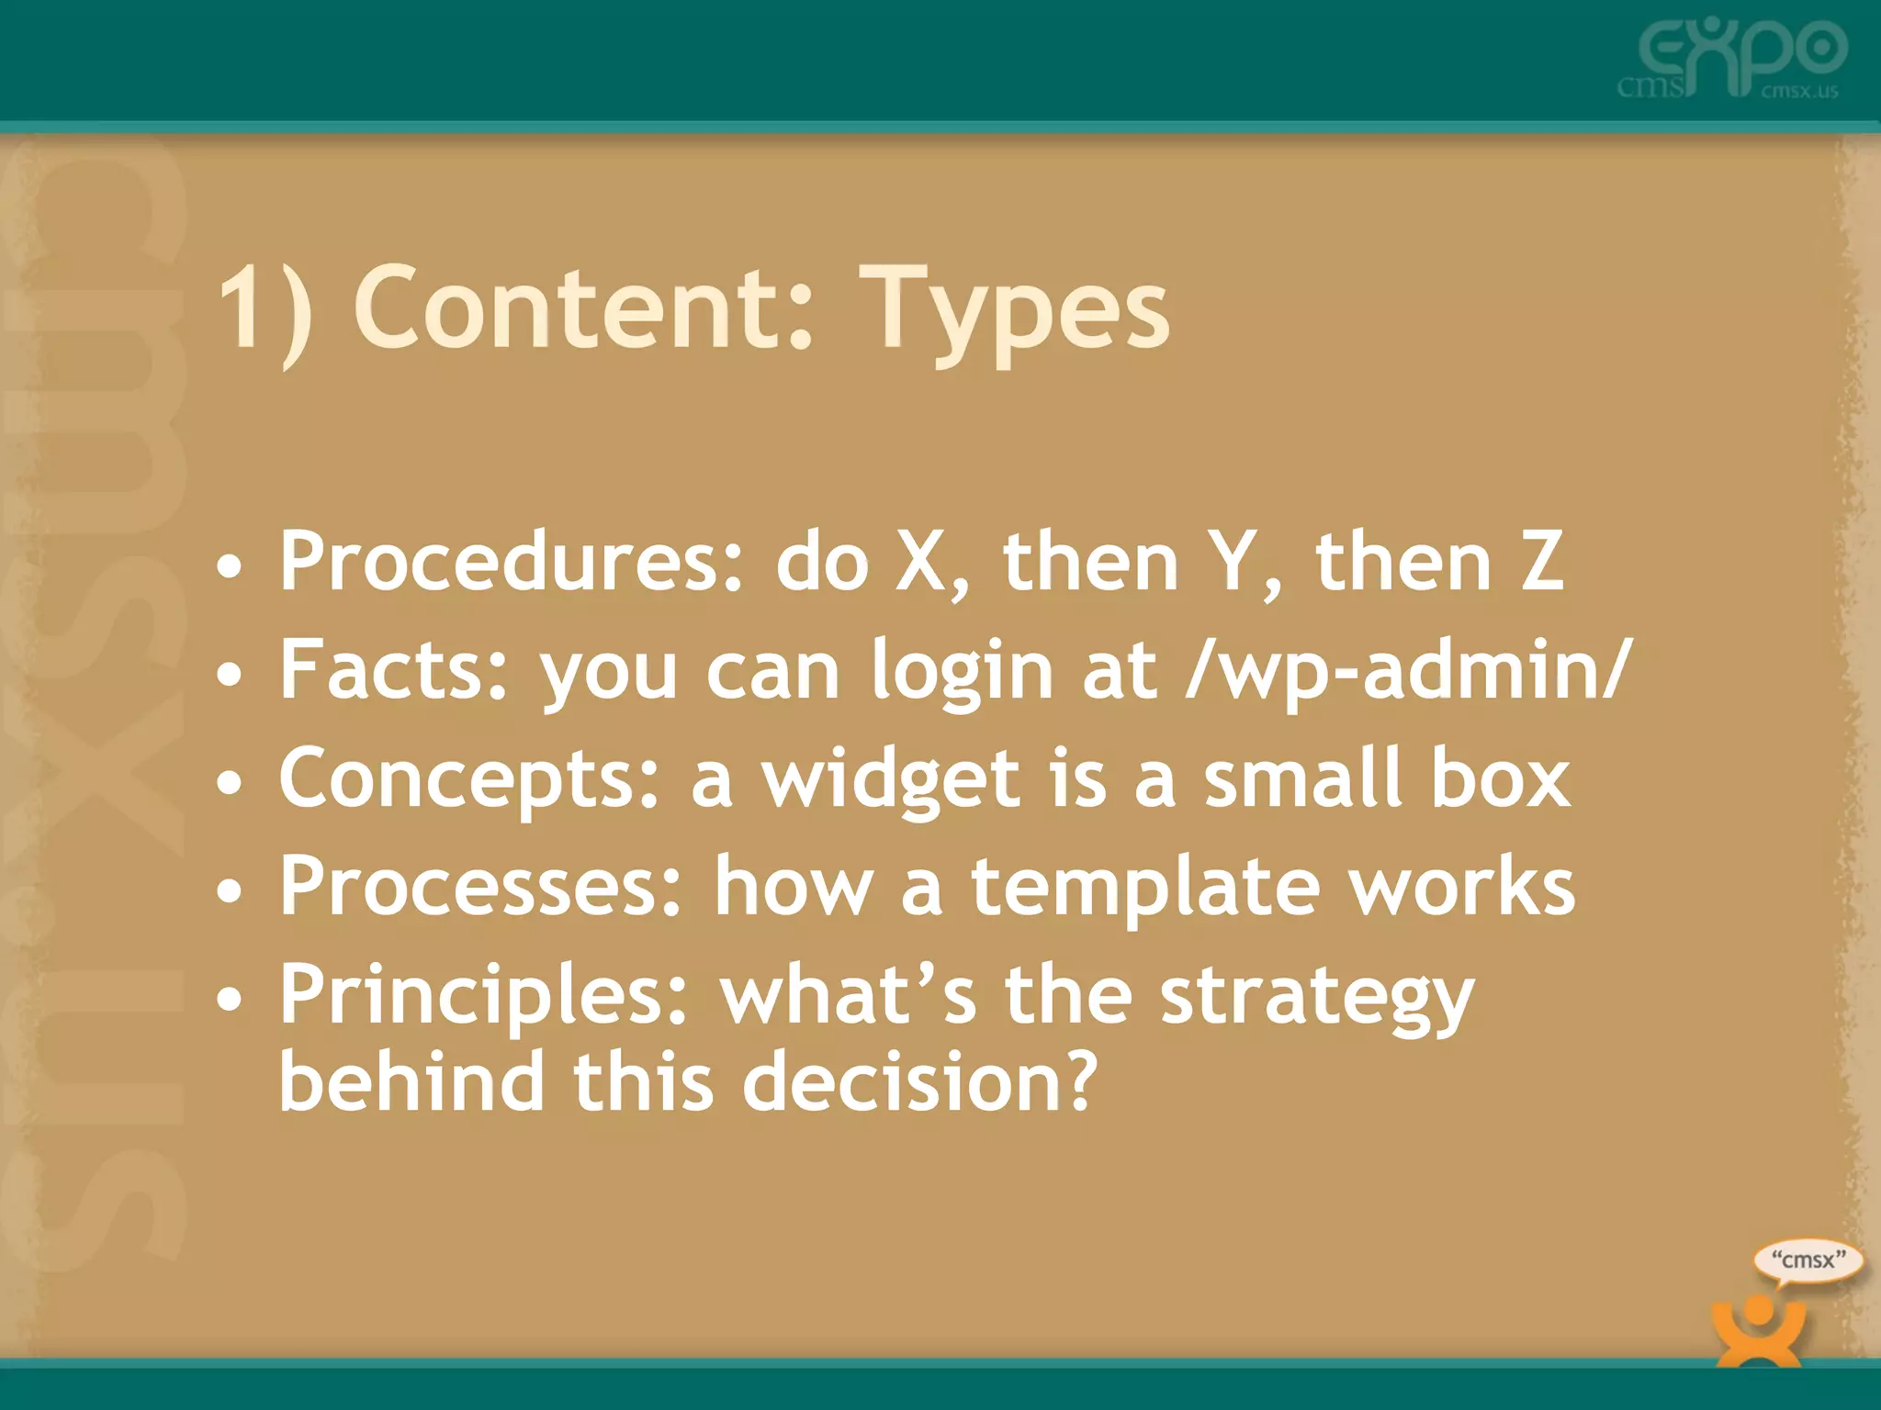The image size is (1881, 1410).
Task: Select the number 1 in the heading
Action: pos(246,308)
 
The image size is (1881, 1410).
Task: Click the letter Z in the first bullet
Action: pos(1542,562)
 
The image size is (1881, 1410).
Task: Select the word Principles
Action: pos(483,995)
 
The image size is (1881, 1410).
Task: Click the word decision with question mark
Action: pos(919,1081)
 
